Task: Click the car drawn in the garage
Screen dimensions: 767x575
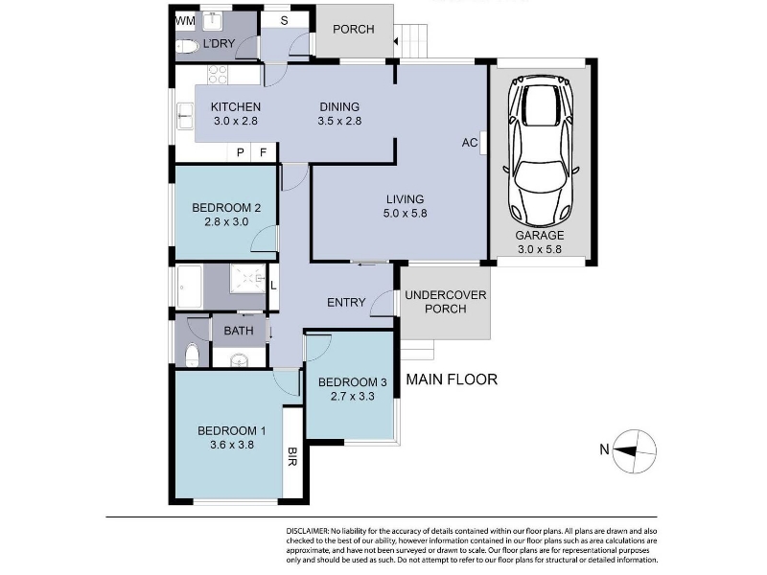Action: pyautogui.click(x=541, y=151)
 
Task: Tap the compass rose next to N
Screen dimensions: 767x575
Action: pyautogui.click(x=635, y=451)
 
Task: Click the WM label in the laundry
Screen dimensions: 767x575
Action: pyautogui.click(x=185, y=20)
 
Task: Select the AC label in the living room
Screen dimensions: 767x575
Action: pyautogui.click(x=470, y=143)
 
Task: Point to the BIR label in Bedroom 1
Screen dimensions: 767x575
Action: pyautogui.click(x=292, y=456)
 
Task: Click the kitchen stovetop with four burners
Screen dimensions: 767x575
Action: pyautogui.click(x=218, y=75)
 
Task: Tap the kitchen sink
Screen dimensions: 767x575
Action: pyautogui.click(x=185, y=116)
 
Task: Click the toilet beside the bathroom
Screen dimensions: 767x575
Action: pyautogui.click(x=193, y=355)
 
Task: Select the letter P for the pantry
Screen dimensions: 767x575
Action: pyautogui.click(x=241, y=152)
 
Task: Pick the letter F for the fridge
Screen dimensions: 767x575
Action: pyautogui.click(x=263, y=152)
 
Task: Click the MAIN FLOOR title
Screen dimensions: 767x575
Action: pyautogui.click(x=452, y=379)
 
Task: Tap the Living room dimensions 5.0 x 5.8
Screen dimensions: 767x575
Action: pyautogui.click(x=405, y=213)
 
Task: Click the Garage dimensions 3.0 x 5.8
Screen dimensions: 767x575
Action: pyautogui.click(x=540, y=249)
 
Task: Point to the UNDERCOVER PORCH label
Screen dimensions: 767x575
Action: pyautogui.click(x=446, y=302)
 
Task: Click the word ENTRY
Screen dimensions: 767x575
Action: pyautogui.click(x=346, y=303)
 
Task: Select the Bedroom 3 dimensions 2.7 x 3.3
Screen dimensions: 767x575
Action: pyautogui.click(x=352, y=396)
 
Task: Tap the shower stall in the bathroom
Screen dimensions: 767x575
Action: pyautogui.click(x=248, y=279)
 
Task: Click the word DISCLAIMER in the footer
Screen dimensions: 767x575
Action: pyautogui.click(x=308, y=531)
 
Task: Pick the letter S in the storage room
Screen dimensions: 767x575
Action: pyautogui.click(x=284, y=21)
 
